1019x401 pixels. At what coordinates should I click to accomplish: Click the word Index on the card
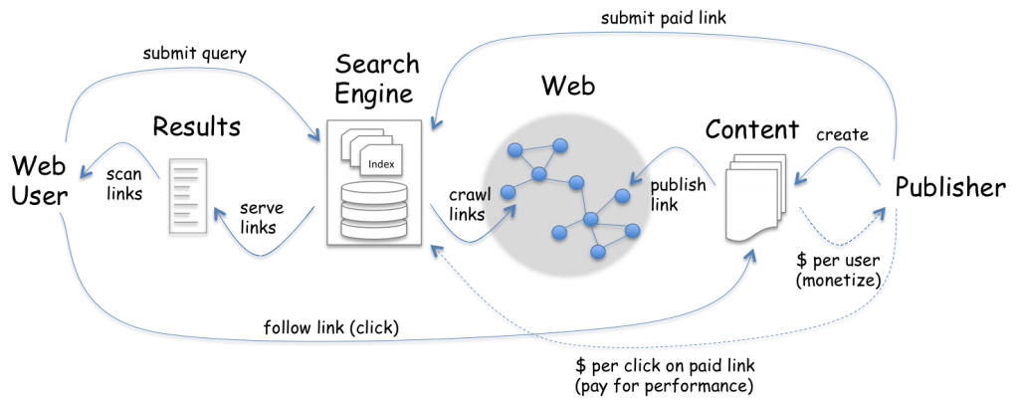coord(381,164)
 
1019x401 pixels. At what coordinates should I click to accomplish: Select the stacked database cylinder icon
coord(373,210)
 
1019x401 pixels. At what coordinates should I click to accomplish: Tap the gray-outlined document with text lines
coord(188,195)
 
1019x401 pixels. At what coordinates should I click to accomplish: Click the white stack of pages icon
coord(755,197)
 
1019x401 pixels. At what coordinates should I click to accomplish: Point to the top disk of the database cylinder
coord(373,188)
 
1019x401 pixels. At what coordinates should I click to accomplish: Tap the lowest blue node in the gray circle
coord(598,252)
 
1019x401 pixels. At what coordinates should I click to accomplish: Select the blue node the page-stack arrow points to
coord(623,196)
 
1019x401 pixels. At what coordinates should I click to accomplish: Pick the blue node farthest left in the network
coord(508,192)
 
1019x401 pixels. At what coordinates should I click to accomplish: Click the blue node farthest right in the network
coord(633,231)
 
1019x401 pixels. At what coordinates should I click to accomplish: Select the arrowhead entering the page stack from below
coord(750,255)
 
